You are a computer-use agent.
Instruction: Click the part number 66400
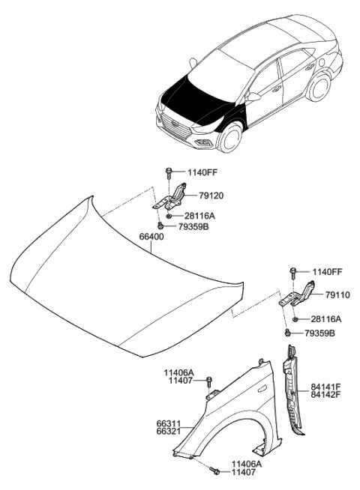tap(151, 237)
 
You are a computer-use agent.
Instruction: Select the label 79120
tap(211, 196)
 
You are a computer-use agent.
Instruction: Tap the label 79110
tap(337, 294)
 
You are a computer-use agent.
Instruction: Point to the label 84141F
tap(325, 387)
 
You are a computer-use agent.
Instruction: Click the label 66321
tap(169, 432)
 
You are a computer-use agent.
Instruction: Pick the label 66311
tap(169, 424)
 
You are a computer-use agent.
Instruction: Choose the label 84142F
tap(325, 394)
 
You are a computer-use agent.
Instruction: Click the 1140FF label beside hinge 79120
tap(202, 172)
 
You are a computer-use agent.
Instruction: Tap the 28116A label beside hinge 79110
tap(326, 319)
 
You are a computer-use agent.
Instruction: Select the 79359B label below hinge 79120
tap(193, 226)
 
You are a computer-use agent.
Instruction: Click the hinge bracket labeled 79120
tap(170, 196)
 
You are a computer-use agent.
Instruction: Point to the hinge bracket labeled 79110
tap(297, 294)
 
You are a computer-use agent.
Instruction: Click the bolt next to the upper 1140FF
tap(169, 172)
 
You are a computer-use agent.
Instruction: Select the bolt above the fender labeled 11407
tap(209, 382)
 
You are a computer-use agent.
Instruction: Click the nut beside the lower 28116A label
tap(295, 319)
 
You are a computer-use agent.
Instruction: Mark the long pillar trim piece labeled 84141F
tap(292, 390)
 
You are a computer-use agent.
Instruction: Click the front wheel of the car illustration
tap(230, 139)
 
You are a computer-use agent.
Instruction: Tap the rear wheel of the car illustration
tap(319, 88)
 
